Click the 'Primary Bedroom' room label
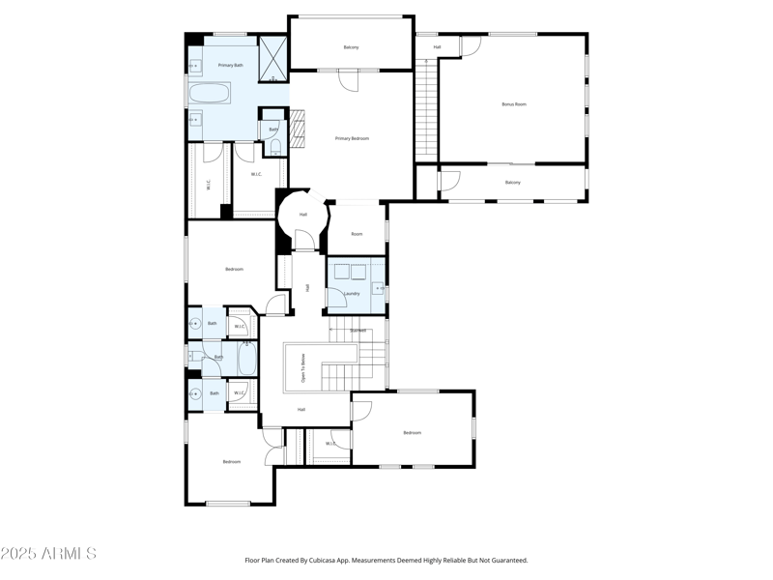pyautogui.click(x=352, y=138)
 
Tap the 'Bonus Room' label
pyautogui.click(x=513, y=103)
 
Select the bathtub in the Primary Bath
pyautogui.click(x=210, y=95)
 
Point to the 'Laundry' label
pyautogui.click(x=352, y=293)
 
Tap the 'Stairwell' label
pyautogui.click(x=358, y=331)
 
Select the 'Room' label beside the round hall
pyautogui.click(x=357, y=234)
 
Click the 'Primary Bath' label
pyautogui.click(x=230, y=65)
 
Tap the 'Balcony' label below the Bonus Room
pyautogui.click(x=512, y=182)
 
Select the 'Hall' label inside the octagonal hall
pyautogui.click(x=302, y=215)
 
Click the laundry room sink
pyautogui.click(x=379, y=287)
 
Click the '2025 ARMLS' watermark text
pyautogui.click(x=48, y=554)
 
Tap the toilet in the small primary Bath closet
pyautogui.click(x=274, y=147)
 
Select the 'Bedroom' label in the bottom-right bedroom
pyautogui.click(x=413, y=432)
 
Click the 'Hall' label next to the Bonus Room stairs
pyautogui.click(x=437, y=46)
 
